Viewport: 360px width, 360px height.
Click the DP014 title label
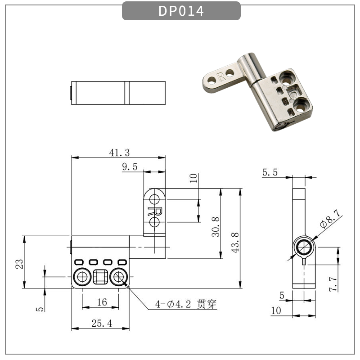point(181,11)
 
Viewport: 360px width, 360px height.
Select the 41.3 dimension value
point(118,153)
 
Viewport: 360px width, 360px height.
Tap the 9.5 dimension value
point(130,167)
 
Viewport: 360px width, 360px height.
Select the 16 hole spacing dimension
point(102,302)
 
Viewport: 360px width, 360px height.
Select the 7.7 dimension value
point(333,285)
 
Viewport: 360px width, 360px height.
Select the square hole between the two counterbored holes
point(101,277)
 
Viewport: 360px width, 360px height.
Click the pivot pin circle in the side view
point(305,247)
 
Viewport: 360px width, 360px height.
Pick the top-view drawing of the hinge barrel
point(118,92)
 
